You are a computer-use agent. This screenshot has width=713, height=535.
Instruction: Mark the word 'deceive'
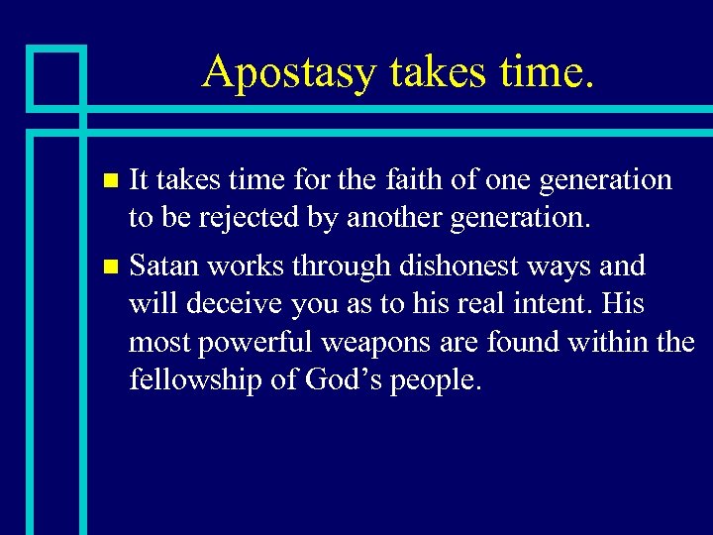point(227,303)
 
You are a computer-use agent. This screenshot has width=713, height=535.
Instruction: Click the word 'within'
point(609,342)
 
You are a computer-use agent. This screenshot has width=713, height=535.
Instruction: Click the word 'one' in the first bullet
point(501,180)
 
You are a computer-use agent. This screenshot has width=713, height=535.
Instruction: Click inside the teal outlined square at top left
point(56,76)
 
